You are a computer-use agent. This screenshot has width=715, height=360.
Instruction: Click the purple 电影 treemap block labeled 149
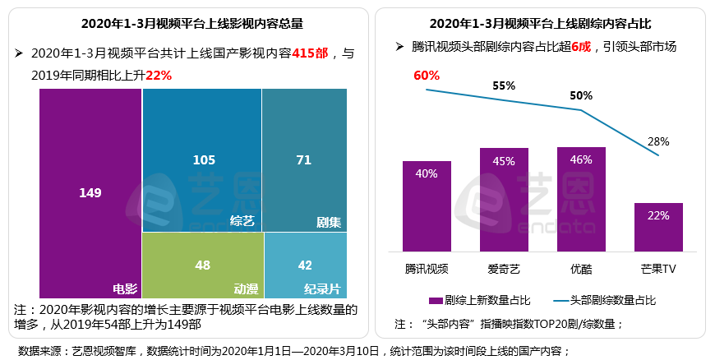point(90,193)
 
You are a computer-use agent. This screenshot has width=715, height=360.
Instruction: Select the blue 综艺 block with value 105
point(202,160)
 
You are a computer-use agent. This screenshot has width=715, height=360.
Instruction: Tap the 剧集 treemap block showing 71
point(304,160)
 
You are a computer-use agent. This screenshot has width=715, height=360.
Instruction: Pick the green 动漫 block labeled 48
point(202,265)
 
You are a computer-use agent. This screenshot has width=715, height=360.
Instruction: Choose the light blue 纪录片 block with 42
point(304,265)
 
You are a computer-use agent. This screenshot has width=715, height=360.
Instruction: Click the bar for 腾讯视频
point(427,205)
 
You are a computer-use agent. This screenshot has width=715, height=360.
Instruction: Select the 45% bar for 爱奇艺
point(504,199)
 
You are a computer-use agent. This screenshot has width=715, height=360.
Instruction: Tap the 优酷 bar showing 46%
point(581,199)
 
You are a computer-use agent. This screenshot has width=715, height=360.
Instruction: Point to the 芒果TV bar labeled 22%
point(658,226)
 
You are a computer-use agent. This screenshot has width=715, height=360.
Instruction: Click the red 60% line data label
point(427,76)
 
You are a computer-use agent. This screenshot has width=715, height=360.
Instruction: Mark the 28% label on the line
point(658,141)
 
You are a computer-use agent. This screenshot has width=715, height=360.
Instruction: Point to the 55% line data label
point(504,85)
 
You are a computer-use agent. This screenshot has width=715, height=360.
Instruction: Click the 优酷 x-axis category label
point(581,269)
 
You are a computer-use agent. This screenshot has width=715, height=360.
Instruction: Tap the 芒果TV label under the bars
point(658,269)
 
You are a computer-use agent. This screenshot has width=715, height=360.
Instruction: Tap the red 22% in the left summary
point(159,74)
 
